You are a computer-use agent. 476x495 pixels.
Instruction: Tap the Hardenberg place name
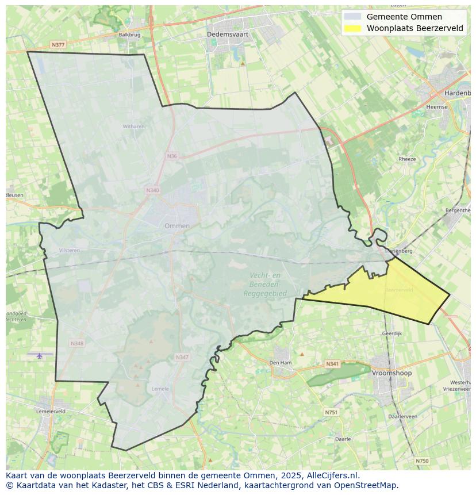coord(457,93)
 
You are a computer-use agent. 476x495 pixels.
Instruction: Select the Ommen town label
coord(176,226)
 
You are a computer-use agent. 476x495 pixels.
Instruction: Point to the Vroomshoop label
coord(392,373)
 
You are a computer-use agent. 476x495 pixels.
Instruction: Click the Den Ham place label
coord(281,363)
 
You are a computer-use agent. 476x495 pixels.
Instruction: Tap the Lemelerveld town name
coord(51,412)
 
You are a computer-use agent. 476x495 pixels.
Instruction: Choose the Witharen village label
coord(133,126)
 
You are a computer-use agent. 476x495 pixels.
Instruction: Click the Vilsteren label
coord(69,251)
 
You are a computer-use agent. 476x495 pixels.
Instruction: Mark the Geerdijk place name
coord(391,333)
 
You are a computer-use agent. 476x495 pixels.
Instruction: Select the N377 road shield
coord(57,44)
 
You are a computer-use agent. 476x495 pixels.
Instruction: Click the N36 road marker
coord(172,156)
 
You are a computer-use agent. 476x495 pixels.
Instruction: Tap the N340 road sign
coord(152,190)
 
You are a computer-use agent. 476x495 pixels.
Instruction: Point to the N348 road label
coord(77,344)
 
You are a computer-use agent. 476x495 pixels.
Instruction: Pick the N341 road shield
coord(332,364)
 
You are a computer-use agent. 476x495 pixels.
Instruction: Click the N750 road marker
coord(422,461)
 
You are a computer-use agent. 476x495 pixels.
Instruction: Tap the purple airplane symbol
coord(40,355)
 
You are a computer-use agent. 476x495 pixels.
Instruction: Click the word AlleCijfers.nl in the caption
coord(333,475)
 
